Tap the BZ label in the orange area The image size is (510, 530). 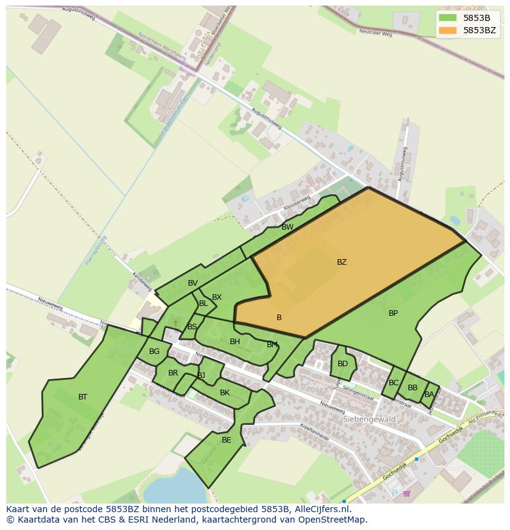pyautogui.click(x=341, y=262)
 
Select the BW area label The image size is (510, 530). pyautogui.click(x=287, y=227)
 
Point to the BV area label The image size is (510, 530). pyautogui.click(x=193, y=283)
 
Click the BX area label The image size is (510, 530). pyautogui.click(x=216, y=297)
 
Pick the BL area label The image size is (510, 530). pyautogui.click(x=203, y=303)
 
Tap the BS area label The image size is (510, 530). pyautogui.click(x=192, y=327)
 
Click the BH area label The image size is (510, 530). pyautogui.click(x=235, y=342)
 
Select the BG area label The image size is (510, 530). pyautogui.click(x=154, y=351)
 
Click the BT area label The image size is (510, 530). pyautogui.click(x=83, y=397)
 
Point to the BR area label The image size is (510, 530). pyautogui.click(x=173, y=373)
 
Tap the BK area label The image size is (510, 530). pyautogui.click(x=225, y=393)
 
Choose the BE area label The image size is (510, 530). pyautogui.click(x=226, y=440)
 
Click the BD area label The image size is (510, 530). pyautogui.click(x=342, y=364)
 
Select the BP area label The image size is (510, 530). pyautogui.click(x=393, y=313)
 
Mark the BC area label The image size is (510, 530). pyautogui.click(x=394, y=383)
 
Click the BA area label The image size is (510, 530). pyautogui.click(x=429, y=395)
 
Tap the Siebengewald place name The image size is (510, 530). pyautogui.click(x=369, y=419)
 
